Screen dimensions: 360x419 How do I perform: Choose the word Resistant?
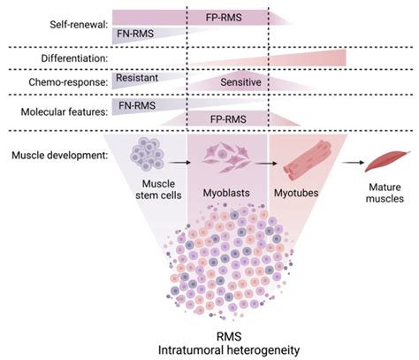tap(136, 79)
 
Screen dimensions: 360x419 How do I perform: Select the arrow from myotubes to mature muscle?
tap(340, 162)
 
